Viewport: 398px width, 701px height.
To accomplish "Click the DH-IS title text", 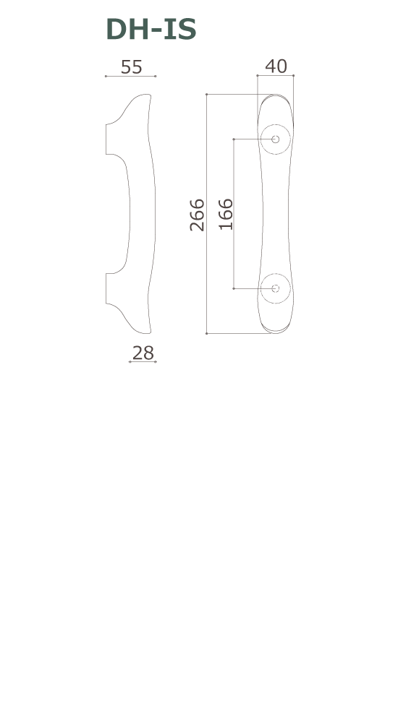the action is [151, 30].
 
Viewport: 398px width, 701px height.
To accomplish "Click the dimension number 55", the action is [132, 67].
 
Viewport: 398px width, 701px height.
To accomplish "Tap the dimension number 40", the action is [276, 66].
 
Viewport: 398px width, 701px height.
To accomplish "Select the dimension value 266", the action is [197, 215].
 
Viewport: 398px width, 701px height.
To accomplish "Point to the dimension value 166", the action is [226, 214].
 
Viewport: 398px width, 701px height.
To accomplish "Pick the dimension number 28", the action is [143, 353].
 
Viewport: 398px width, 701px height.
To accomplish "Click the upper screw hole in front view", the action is [275, 139].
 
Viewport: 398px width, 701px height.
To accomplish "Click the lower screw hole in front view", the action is [275, 288].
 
